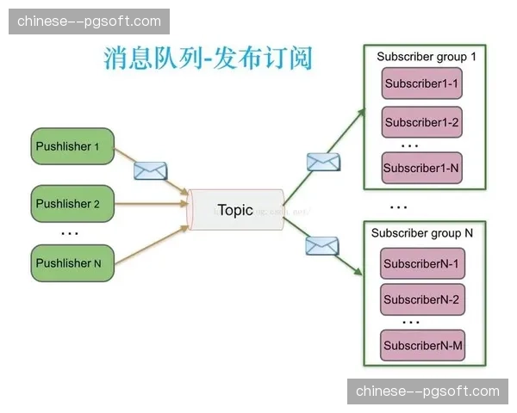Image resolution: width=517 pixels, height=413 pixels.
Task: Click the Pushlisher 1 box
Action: [72, 146]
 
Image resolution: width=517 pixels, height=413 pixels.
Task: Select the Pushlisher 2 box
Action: [72, 204]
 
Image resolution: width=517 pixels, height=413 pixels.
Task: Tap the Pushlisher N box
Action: [72, 262]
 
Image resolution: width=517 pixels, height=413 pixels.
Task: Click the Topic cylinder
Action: [235, 210]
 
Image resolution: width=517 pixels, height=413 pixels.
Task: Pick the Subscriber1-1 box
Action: [422, 85]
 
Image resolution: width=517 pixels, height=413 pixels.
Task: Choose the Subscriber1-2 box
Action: [422, 122]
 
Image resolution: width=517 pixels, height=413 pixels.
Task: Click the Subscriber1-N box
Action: [422, 168]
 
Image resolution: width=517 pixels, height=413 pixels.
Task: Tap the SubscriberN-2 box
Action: [422, 299]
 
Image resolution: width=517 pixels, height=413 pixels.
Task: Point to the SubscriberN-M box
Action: [422, 345]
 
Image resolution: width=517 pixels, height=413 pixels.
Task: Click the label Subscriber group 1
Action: [427, 57]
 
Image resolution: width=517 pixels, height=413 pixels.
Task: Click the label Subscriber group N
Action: [422, 233]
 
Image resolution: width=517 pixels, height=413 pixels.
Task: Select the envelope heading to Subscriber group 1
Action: [323, 162]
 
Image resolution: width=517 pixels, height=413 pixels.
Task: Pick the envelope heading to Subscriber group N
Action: [321, 246]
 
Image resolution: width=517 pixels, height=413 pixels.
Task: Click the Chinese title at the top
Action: [208, 59]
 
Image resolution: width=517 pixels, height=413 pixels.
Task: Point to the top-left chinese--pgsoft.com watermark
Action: [89, 21]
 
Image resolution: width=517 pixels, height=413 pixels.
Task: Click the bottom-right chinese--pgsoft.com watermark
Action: [427, 391]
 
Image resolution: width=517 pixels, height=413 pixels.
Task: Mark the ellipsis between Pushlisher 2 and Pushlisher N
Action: [70, 234]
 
